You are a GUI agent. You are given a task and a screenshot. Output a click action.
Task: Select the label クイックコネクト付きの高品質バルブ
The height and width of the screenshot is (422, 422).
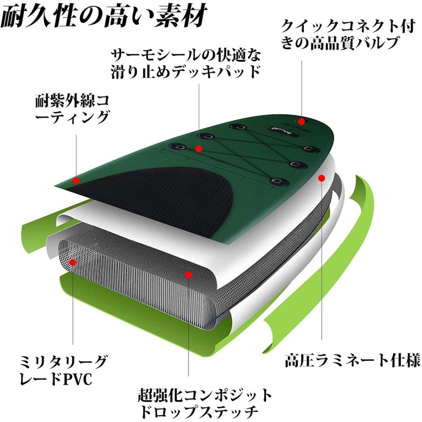click(x=347, y=35)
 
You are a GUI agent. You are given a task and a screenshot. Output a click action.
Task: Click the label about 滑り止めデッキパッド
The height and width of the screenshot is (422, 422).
click(x=185, y=63)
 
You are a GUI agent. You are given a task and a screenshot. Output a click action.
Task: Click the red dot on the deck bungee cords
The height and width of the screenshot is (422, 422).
click(x=199, y=149)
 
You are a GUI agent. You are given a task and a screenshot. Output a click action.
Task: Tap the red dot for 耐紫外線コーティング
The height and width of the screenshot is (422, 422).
click(x=76, y=180)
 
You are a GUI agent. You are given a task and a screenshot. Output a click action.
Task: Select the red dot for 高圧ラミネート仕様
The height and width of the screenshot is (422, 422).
click(x=322, y=178)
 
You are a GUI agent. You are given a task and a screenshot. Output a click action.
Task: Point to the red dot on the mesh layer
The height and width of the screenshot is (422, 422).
click(x=188, y=274)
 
